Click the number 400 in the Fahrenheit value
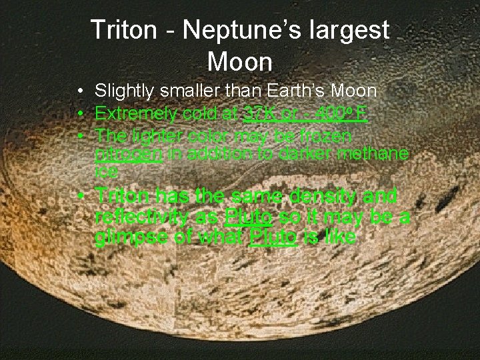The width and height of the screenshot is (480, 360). [x=331, y=114]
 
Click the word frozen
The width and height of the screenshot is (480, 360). [x=327, y=136]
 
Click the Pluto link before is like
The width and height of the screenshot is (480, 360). [x=273, y=238]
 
